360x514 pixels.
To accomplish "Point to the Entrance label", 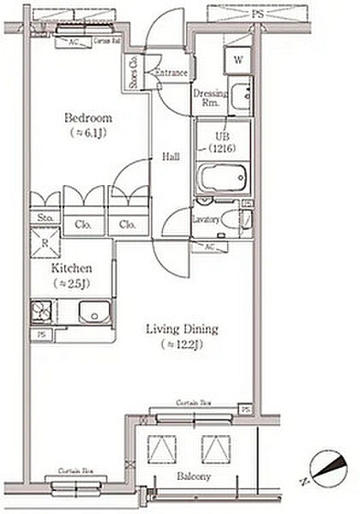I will [171, 74].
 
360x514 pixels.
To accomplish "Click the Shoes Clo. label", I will [135, 71].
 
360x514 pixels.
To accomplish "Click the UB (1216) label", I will [224, 141].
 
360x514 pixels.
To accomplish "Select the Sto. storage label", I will [45, 218].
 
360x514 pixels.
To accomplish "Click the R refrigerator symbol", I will [45, 242].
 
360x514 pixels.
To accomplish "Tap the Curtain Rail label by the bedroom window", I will [105, 40].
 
